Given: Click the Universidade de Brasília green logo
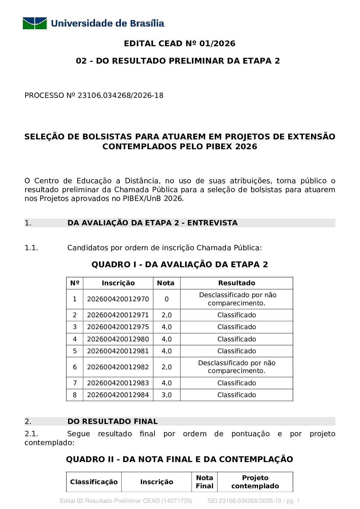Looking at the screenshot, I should tap(35, 23).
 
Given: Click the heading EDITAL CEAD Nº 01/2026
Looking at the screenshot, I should tap(180, 44).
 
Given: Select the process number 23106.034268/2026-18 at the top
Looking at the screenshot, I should tap(120, 96).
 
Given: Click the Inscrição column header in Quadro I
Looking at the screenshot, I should tap(118, 283).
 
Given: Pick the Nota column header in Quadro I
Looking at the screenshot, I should tap(166, 283).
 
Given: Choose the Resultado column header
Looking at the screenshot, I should tap(236, 283).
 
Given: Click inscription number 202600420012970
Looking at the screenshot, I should tap(118, 299).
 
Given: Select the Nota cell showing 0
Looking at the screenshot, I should tap(166, 299).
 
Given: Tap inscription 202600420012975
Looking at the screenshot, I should tap(118, 327).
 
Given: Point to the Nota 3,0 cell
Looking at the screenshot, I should tap(166, 395).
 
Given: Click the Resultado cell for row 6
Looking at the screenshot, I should tap(236, 367).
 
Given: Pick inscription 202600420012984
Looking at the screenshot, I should tap(118, 395).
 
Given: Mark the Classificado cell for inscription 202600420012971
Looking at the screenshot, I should tap(236, 315).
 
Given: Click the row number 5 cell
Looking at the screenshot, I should tap(75, 351).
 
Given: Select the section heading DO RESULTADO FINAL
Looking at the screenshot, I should tap(113, 422).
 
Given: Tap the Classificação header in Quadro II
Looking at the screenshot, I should tap(94, 482).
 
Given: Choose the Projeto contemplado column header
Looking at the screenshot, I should tap(255, 482).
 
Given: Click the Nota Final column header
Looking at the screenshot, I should tap(204, 482).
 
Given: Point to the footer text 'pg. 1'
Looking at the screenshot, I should tap(293, 501).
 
